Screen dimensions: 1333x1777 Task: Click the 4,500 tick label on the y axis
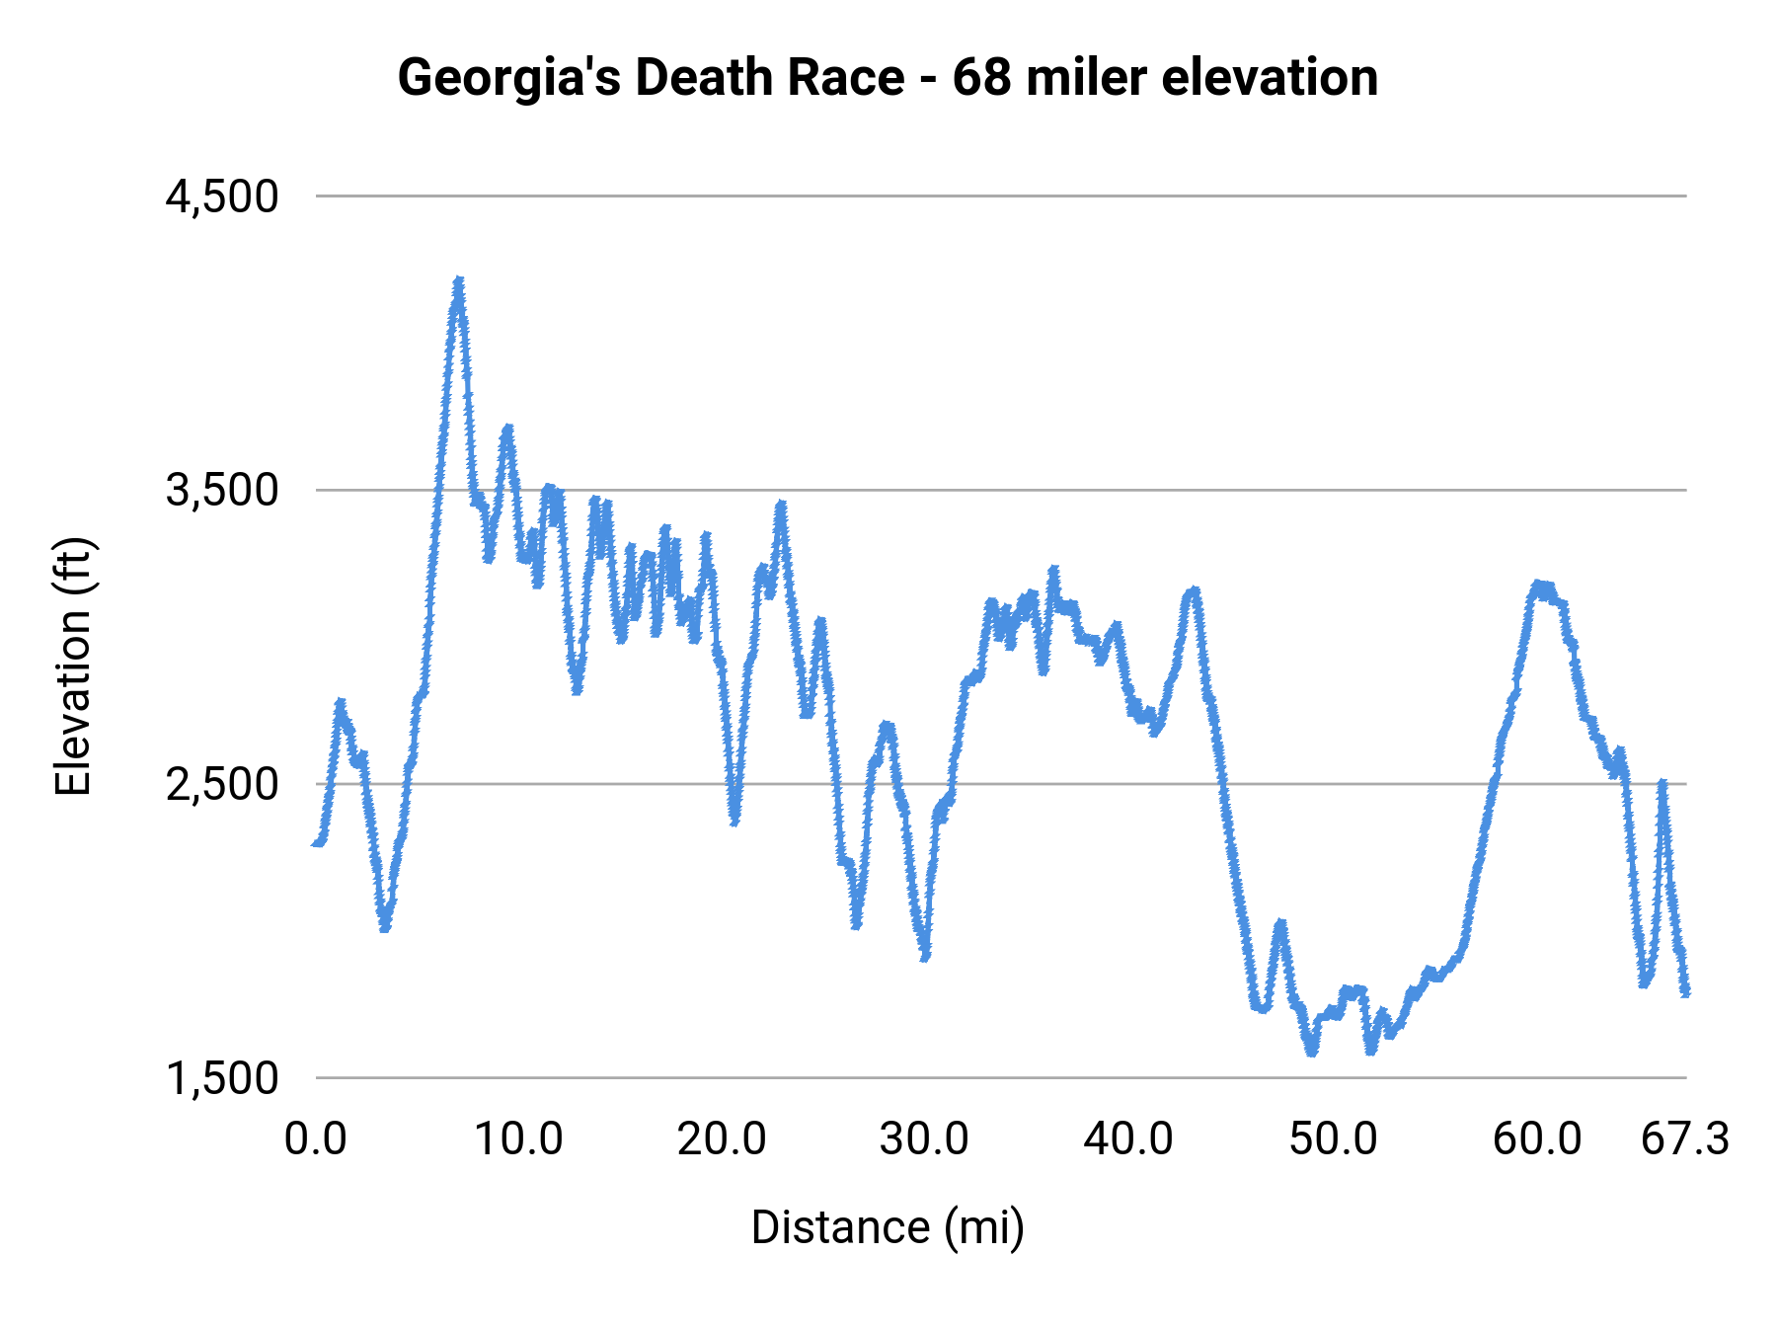(x=222, y=196)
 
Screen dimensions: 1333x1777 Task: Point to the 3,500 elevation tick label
(x=222, y=490)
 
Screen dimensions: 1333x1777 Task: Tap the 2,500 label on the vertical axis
(x=222, y=784)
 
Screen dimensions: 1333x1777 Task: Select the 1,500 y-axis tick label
(x=222, y=1078)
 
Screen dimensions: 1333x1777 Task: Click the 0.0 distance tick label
(x=316, y=1139)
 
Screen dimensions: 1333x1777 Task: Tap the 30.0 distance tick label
(x=924, y=1139)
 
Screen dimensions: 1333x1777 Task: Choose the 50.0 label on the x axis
(x=1333, y=1139)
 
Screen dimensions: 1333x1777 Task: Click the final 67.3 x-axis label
(x=1684, y=1139)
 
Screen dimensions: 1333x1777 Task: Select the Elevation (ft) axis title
(x=72, y=666)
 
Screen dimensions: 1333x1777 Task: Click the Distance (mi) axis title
(x=888, y=1227)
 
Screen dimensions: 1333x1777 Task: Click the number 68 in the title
(x=981, y=77)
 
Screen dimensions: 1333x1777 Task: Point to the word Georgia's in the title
(x=509, y=77)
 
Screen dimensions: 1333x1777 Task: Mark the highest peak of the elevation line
(x=458, y=282)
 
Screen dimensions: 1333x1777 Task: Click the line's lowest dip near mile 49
(x=1312, y=1051)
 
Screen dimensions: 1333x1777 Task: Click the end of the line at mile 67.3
(x=1685, y=990)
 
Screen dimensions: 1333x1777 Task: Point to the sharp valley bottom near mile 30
(x=925, y=955)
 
